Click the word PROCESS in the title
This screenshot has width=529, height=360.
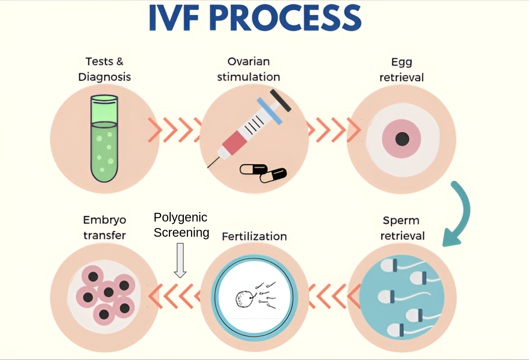click(x=285, y=18)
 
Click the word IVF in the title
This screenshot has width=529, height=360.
click(x=173, y=18)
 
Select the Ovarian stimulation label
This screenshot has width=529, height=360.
click(x=249, y=69)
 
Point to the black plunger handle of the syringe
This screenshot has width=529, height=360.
click(x=280, y=100)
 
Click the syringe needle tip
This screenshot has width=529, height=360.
click(x=208, y=167)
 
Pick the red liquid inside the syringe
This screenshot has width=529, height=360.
click(x=232, y=142)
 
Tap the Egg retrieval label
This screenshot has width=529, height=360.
click(x=402, y=70)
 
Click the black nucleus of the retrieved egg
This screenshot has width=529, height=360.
click(x=402, y=139)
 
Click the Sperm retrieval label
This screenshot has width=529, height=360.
click(x=402, y=228)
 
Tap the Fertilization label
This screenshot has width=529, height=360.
click(x=254, y=236)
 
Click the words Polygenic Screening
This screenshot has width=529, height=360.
click(x=181, y=225)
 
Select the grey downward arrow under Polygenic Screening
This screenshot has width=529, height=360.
click(x=180, y=260)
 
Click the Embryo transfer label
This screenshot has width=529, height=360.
click(x=104, y=227)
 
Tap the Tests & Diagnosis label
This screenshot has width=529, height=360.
click(x=104, y=69)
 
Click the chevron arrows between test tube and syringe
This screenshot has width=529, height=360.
click(x=174, y=129)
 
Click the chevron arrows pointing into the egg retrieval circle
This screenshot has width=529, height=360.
click(x=334, y=129)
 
